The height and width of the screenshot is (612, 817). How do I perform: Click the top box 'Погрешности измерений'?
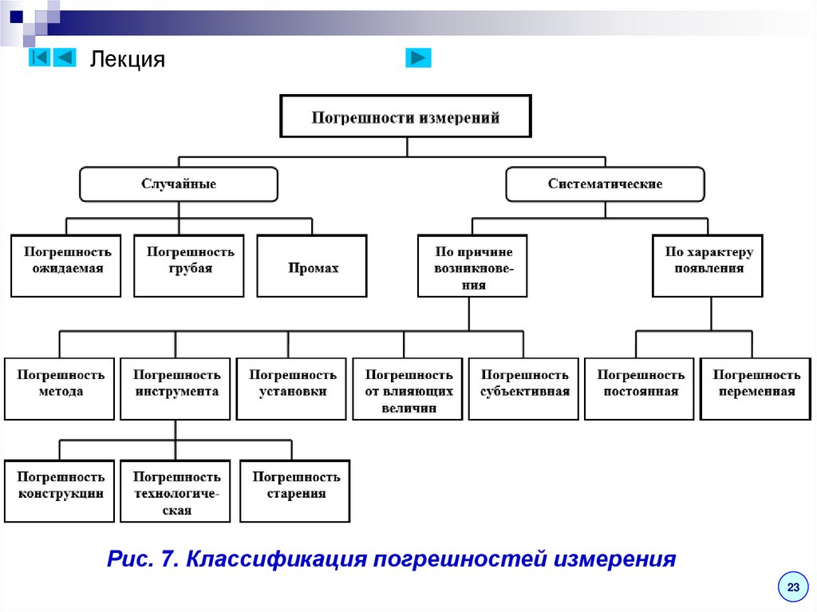405,117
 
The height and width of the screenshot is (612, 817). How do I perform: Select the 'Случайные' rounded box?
179,184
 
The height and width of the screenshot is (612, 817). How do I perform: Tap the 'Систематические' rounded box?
605,184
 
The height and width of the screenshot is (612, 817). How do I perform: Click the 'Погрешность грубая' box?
190,266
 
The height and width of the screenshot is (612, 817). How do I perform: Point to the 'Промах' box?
313,267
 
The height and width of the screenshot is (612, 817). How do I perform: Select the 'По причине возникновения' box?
473,266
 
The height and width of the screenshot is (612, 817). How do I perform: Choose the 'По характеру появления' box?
708,266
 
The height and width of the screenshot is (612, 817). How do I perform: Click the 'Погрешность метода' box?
60,389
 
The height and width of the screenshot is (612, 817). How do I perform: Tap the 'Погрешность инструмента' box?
176,389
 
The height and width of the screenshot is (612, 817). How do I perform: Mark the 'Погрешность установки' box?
292,389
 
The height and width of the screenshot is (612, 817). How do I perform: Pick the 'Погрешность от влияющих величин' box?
408,389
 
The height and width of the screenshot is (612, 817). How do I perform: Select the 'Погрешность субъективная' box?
524,389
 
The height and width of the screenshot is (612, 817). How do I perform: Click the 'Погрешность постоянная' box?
640,389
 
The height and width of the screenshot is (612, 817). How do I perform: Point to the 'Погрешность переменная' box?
756,389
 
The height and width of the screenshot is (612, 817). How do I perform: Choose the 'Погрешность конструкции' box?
60,491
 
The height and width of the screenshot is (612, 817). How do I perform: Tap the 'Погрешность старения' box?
295,491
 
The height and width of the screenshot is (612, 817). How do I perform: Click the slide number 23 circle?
793,587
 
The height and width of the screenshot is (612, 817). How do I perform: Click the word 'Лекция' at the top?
127,59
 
